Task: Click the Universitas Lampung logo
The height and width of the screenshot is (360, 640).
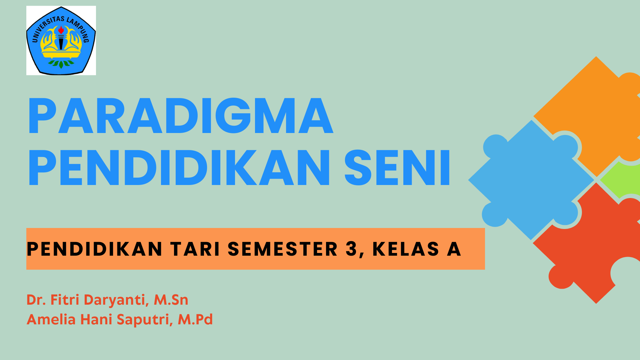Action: point(61,40)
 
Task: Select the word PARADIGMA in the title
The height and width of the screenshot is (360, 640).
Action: point(180,116)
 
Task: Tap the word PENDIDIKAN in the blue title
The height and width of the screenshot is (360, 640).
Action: point(179,167)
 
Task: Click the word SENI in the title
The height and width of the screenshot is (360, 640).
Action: point(397,167)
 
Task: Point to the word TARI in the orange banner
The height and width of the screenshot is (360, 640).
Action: point(195,249)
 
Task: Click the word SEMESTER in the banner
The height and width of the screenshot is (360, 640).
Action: point(283,249)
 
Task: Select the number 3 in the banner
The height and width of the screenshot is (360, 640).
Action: point(351,249)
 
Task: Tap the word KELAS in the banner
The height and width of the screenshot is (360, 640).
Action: point(406,249)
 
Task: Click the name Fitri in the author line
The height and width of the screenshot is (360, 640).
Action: point(65,300)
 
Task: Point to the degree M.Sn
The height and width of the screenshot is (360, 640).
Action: point(171,300)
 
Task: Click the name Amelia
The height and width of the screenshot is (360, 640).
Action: point(51,319)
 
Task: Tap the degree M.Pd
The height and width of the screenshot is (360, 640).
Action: point(195,319)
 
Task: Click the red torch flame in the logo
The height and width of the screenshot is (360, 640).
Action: point(61,30)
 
